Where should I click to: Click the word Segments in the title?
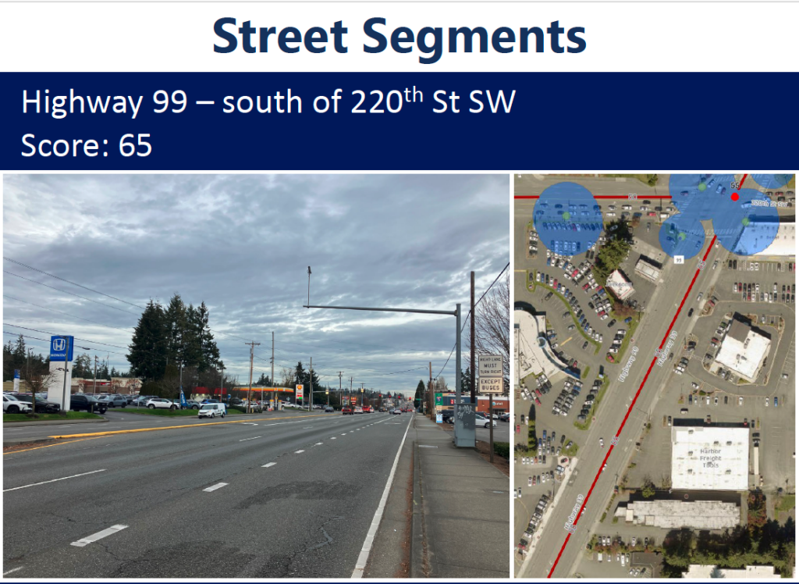click(473, 36)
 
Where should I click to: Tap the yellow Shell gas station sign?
click(299, 390)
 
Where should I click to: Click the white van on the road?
click(211, 410)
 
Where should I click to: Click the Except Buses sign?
click(491, 384)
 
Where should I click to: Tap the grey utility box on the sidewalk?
click(464, 423)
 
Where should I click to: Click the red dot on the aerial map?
click(734, 197)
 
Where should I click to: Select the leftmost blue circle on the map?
click(567, 218)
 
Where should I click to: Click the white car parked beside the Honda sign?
click(16, 404)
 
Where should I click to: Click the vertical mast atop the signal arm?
click(309, 286)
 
